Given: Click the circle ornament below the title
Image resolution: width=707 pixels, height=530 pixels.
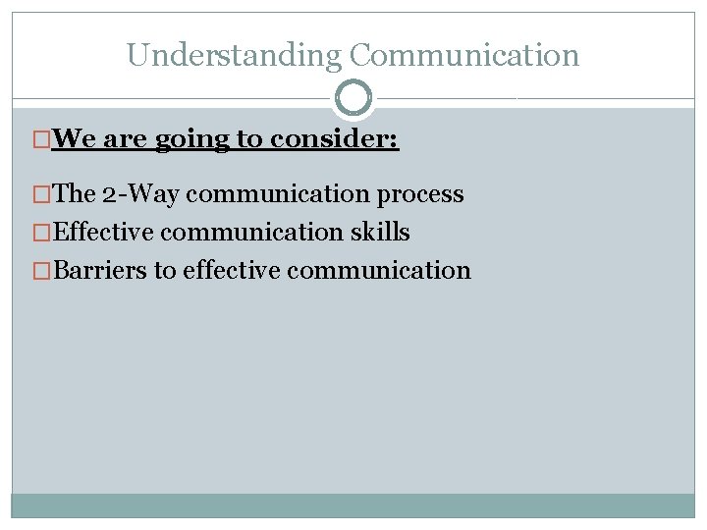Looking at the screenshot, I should pos(353,98).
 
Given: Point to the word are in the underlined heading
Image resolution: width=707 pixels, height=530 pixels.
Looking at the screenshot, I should pos(125,139).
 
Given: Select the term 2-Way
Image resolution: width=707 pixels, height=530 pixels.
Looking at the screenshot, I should pos(141,194).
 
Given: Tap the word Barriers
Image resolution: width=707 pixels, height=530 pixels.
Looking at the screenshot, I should pos(100,270).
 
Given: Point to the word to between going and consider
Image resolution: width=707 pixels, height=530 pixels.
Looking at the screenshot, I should pos(247,140).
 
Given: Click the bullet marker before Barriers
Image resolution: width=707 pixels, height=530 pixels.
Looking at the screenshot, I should pos(42,270).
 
